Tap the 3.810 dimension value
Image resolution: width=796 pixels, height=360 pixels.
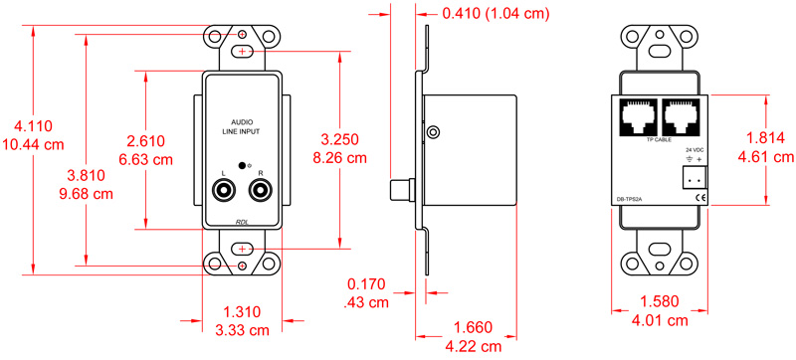(x=83, y=173)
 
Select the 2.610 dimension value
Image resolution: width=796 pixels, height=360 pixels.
(x=145, y=140)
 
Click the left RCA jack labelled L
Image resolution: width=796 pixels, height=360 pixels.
(x=227, y=186)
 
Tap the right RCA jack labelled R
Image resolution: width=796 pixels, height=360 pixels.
(x=261, y=186)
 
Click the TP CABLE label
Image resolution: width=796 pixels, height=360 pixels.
(x=660, y=141)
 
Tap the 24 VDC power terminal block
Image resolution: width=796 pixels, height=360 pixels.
(x=694, y=177)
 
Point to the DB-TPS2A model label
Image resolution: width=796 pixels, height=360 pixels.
(x=630, y=199)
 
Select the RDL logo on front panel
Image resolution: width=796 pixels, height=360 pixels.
(x=242, y=222)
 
